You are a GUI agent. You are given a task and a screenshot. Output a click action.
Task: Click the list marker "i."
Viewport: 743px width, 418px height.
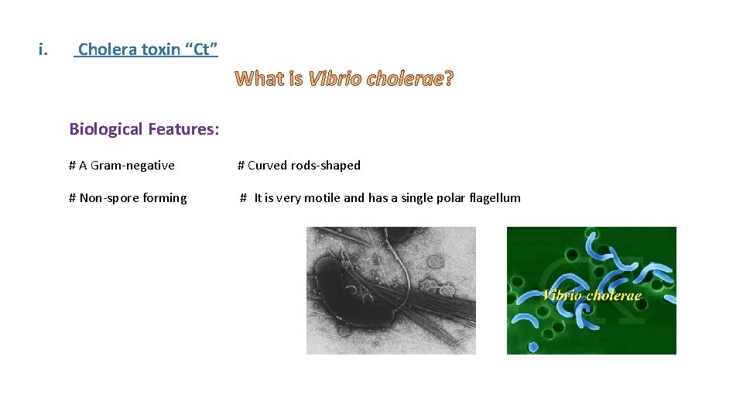tap(43, 50)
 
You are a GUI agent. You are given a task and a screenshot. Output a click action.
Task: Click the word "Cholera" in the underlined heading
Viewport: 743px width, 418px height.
tap(107, 50)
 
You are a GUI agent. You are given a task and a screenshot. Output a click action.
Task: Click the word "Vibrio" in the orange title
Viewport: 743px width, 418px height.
tap(334, 79)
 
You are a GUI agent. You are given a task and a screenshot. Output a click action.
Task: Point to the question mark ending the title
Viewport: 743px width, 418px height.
tap(449, 79)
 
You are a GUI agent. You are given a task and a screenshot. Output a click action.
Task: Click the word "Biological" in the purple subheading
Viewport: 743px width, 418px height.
tap(106, 129)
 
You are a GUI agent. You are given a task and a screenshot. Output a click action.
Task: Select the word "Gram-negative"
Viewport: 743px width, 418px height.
tap(132, 165)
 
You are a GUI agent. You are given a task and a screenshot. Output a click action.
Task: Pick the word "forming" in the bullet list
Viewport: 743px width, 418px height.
tap(164, 198)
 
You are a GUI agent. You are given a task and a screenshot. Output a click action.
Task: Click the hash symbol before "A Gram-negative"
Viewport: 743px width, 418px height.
tap(72, 165)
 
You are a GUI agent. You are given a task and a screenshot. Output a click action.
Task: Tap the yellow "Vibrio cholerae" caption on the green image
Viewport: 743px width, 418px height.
tap(591, 295)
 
